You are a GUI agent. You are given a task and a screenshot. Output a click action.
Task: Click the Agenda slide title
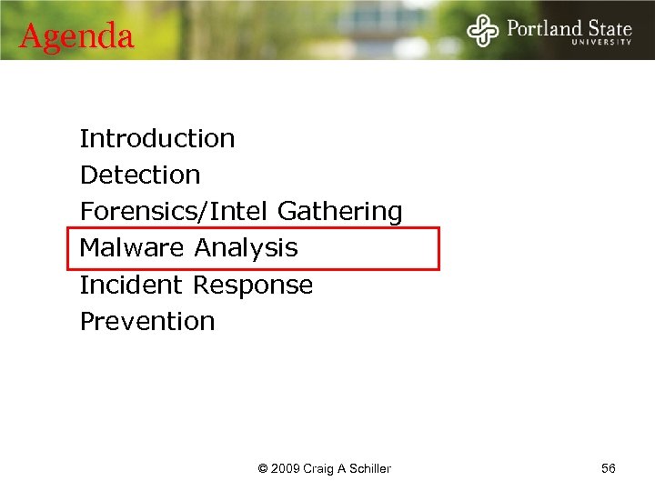click(x=76, y=36)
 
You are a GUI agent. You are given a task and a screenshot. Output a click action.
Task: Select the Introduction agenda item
click(x=157, y=138)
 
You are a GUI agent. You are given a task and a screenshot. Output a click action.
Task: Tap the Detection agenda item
click(x=140, y=175)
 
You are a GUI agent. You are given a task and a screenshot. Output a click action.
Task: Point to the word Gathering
click(x=339, y=211)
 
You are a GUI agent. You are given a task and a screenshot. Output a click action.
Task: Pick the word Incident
click(x=133, y=285)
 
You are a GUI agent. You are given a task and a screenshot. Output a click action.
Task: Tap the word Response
click(x=252, y=285)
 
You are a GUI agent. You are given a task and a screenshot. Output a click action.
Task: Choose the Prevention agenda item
click(x=147, y=321)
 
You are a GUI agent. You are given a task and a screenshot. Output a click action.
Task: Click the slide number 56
click(x=609, y=468)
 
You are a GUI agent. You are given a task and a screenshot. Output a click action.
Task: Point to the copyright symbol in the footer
click(x=263, y=469)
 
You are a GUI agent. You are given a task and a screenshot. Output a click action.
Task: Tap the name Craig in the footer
click(x=317, y=469)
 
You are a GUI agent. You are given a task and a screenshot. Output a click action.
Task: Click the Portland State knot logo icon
click(x=483, y=30)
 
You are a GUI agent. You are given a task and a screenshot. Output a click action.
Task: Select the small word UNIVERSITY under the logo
click(x=601, y=42)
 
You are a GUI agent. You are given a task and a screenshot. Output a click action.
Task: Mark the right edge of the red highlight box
click(x=438, y=248)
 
